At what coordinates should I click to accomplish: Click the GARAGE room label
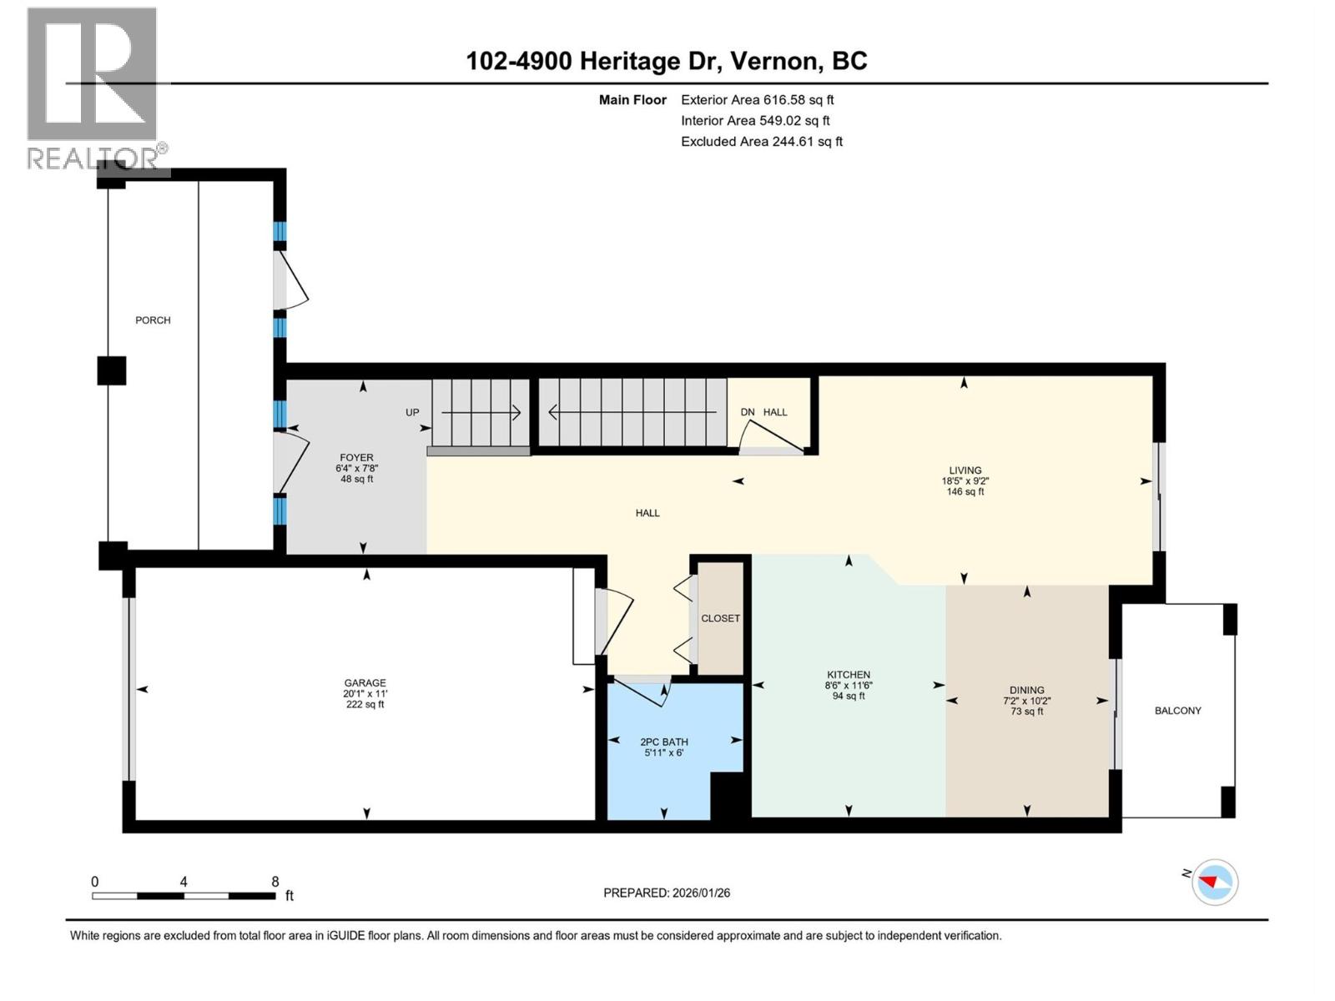pyautogui.click(x=365, y=682)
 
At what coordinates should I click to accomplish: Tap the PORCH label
pyautogui.click(x=153, y=320)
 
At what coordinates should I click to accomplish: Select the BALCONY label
pyautogui.click(x=1177, y=711)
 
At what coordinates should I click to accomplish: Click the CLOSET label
pyautogui.click(x=720, y=618)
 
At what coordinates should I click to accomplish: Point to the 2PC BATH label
pyautogui.click(x=663, y=742)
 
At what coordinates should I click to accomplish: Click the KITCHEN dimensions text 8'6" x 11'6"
pyautogui.click(x=849, y=686)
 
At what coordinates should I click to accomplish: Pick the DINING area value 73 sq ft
pyautogui.click(x=1026, y=712)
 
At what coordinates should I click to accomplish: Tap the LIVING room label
pyautogui.click(x=965, y=470)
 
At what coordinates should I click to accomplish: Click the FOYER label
pyautogui.click(x=356, y=457)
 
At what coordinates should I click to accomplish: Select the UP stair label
pyautogui.click(x=412, y=412)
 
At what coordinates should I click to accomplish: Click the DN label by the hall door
pyautogui.click(x=748, y=412)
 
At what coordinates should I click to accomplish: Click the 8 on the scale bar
pyautogui.click(x=275, y=882)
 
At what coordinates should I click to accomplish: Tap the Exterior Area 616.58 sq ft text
pyautogui.click(x=757, y=99)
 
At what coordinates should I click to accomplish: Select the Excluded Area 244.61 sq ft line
pyautogui.click(x=761, y=142)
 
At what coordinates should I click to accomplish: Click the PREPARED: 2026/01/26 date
pyautogui.click(x=667, y=893)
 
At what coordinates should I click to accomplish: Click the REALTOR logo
pyautogui.click(x=93, y=88)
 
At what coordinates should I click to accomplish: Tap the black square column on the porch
pyautogui.click(x=112, y=370)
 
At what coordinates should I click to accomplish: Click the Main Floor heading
pyautogui.click(x=632, y=99)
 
